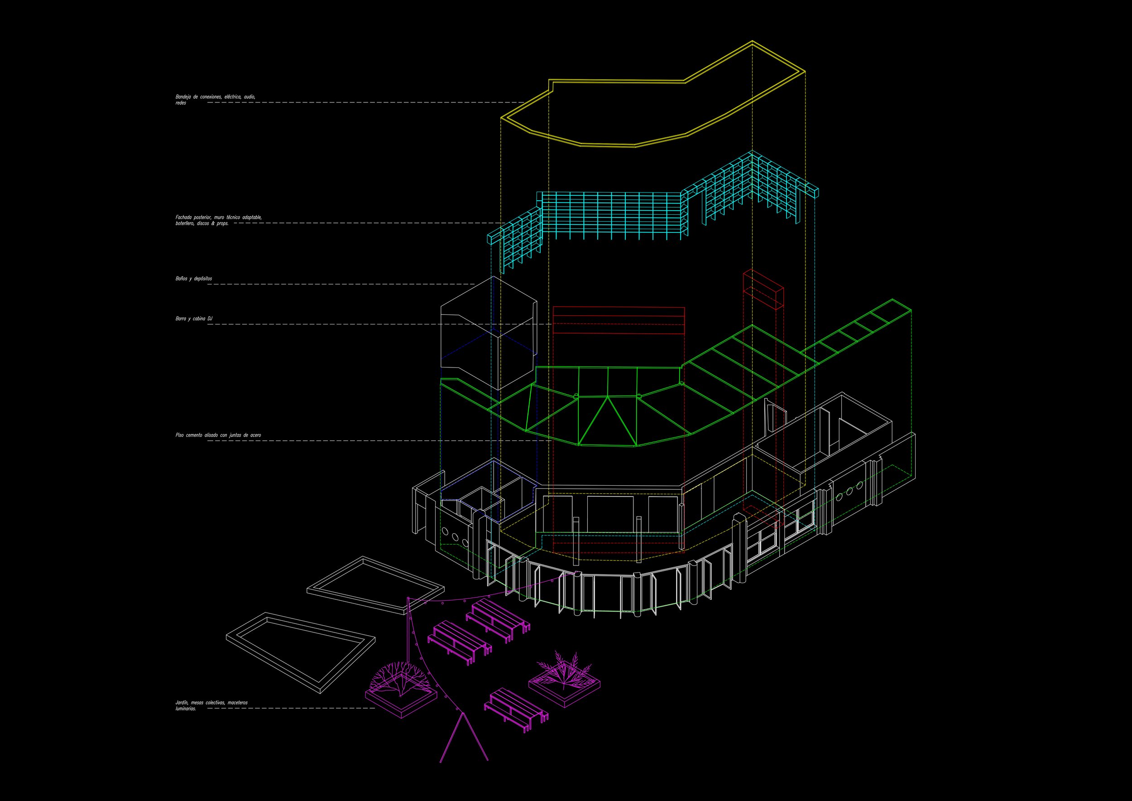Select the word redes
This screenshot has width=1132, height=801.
pyautogui.click(x=181, y=103)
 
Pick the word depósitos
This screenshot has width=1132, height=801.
pyautogui.click(x=203, y=279)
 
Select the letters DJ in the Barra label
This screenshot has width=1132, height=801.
pyautogui.click(x=210, y=319)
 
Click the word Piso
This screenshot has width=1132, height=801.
pyautogui.click(x=179, y=435)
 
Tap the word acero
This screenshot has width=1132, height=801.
pyautogui.click(x=255, y=435)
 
